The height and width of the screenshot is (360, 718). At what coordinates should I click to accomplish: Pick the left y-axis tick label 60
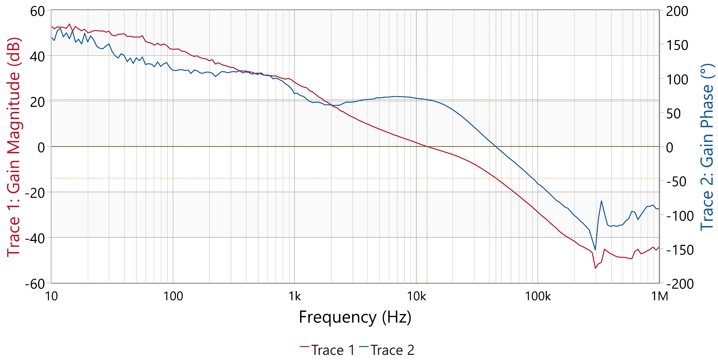coord(37,12)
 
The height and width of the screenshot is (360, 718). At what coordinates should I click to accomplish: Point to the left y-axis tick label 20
coord(37,102)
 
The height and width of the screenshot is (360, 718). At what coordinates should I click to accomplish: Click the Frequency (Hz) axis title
coord(355,317)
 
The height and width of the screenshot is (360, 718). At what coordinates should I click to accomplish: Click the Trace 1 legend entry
coord(328,350)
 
